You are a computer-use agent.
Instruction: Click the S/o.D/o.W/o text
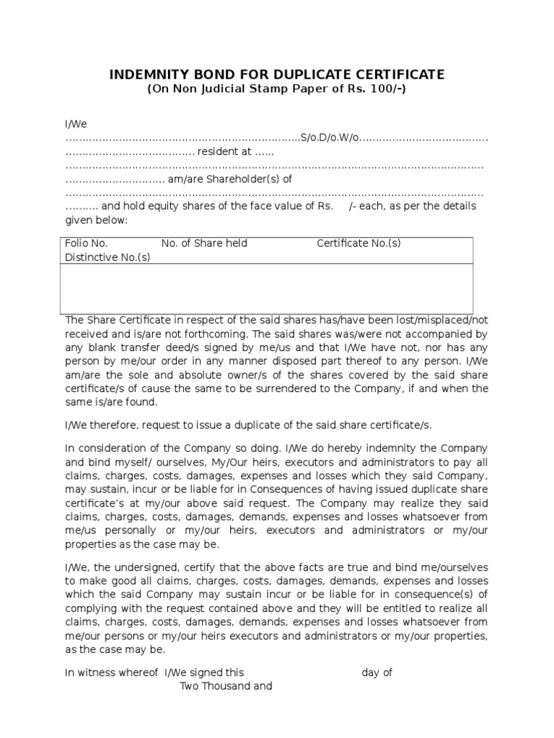(x=329, y=137)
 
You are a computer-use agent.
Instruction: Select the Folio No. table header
(x=87, y=244)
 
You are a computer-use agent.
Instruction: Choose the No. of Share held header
(x=204, y=244)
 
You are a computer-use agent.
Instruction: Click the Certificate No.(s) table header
(x=359, y=244)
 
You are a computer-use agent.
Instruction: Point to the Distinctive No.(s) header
(x=107, y=257)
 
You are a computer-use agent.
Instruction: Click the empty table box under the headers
(x=269, y=288)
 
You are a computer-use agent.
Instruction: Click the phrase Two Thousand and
(x=226, y=686)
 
